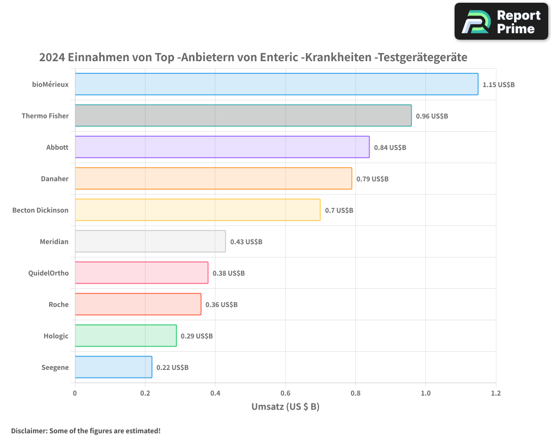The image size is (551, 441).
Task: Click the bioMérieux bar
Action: click(276, 84)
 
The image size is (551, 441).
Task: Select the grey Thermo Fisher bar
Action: click(243, 116)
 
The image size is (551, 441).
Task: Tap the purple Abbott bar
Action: click(222, 147)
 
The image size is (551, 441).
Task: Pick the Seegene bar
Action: click(114, 367)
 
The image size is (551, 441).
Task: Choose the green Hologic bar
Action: click(126, 336)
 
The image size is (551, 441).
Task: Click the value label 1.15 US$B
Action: click(498, 85)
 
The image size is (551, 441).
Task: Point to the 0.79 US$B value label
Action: click(372, 179)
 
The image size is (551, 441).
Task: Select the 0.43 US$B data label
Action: click(246, 242)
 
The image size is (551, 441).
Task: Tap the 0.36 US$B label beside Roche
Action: click(221, 305)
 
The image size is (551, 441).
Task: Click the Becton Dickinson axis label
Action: click(40, 210)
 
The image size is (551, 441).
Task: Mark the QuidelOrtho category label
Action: click(48, 273)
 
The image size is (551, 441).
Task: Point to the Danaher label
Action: click(55, 179)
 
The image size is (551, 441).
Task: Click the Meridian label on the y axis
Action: click(54, 241)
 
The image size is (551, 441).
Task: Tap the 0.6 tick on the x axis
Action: click(285, 393)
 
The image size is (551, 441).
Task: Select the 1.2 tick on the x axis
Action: click(496, 393)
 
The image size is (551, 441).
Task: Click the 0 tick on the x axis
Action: click(75, 393)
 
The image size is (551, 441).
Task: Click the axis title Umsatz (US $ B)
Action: click(285, 407)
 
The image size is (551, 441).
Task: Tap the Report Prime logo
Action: click(501, 21)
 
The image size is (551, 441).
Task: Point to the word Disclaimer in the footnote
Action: click(29, 431)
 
